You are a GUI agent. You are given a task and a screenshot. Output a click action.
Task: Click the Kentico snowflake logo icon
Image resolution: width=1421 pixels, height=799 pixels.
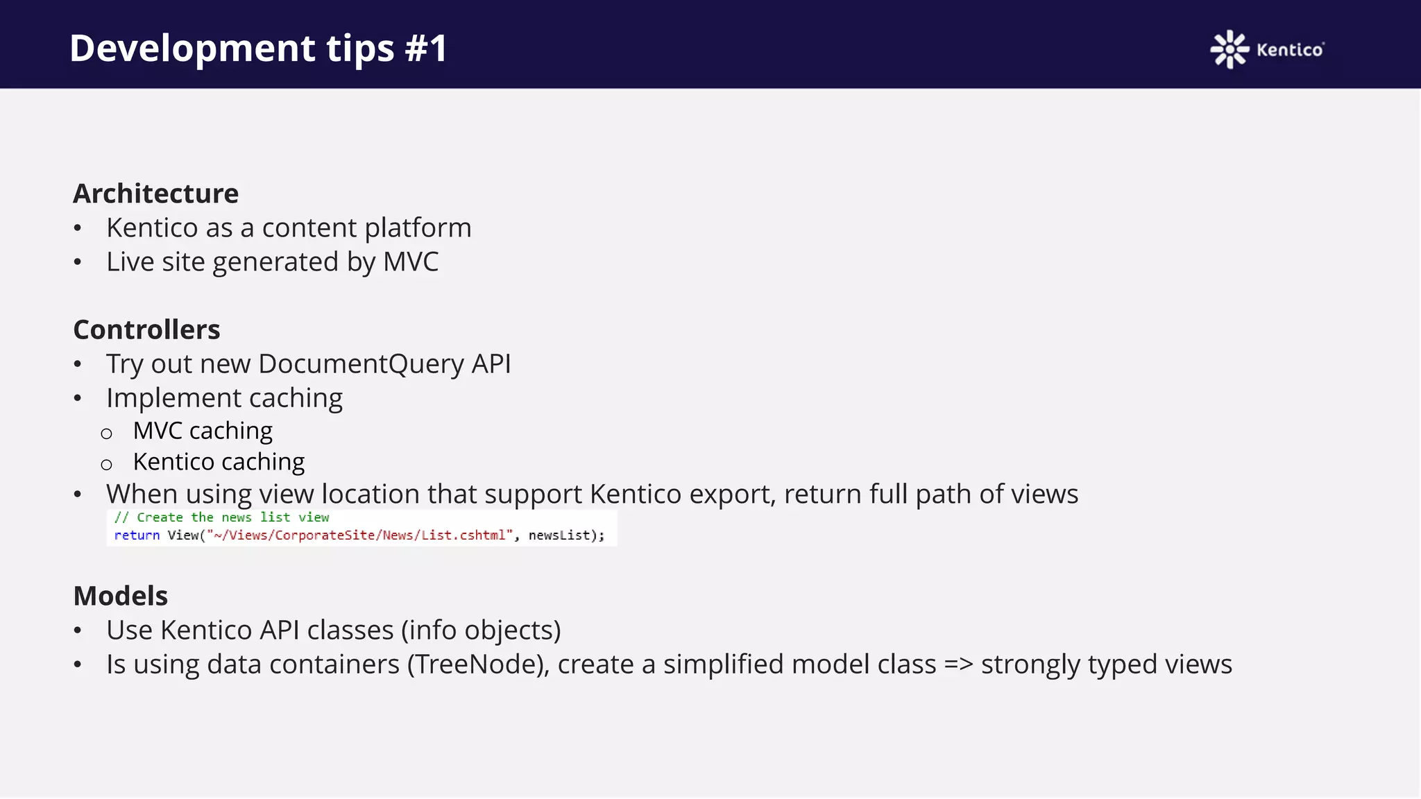(1229, 49)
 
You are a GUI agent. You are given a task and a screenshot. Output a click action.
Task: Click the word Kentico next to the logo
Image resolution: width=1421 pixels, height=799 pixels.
(1289, 50)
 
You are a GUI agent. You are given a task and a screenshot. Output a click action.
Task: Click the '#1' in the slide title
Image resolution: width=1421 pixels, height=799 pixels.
(426, 48)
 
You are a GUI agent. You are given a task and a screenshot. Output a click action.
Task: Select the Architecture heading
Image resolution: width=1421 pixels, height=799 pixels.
(155, 194)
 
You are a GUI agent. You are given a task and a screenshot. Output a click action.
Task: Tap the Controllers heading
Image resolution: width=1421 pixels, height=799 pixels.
(146, 329)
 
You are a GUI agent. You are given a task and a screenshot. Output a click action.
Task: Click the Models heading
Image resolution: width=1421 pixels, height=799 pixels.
(120, 596)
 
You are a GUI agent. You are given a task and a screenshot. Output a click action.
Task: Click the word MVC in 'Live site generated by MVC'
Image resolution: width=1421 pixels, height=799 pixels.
(411, 261)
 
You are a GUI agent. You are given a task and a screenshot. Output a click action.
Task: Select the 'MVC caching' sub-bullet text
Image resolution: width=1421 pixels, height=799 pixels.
(203, 431)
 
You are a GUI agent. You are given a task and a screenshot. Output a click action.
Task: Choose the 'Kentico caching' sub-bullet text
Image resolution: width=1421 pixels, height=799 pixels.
(219, 462)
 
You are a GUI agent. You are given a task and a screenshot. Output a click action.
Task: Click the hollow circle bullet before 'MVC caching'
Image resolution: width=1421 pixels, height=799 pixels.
(106, 434)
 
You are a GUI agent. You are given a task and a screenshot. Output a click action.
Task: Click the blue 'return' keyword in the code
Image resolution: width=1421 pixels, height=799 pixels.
(137, 535)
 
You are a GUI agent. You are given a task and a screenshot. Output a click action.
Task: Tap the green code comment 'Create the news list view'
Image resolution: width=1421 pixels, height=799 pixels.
(232, 517)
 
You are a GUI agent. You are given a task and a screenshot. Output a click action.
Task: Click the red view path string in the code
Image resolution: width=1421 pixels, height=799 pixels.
(359, 535)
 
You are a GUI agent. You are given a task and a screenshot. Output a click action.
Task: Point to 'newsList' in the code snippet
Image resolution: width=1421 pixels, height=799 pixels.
(559, 535)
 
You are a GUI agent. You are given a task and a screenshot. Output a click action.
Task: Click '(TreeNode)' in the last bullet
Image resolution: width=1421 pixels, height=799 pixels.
(478, 664)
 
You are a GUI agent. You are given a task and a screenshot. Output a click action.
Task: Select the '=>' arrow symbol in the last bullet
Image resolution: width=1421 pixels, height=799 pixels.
(958, 664)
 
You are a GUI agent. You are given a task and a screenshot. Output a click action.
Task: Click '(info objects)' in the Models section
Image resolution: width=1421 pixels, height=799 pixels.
(481, 630)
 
